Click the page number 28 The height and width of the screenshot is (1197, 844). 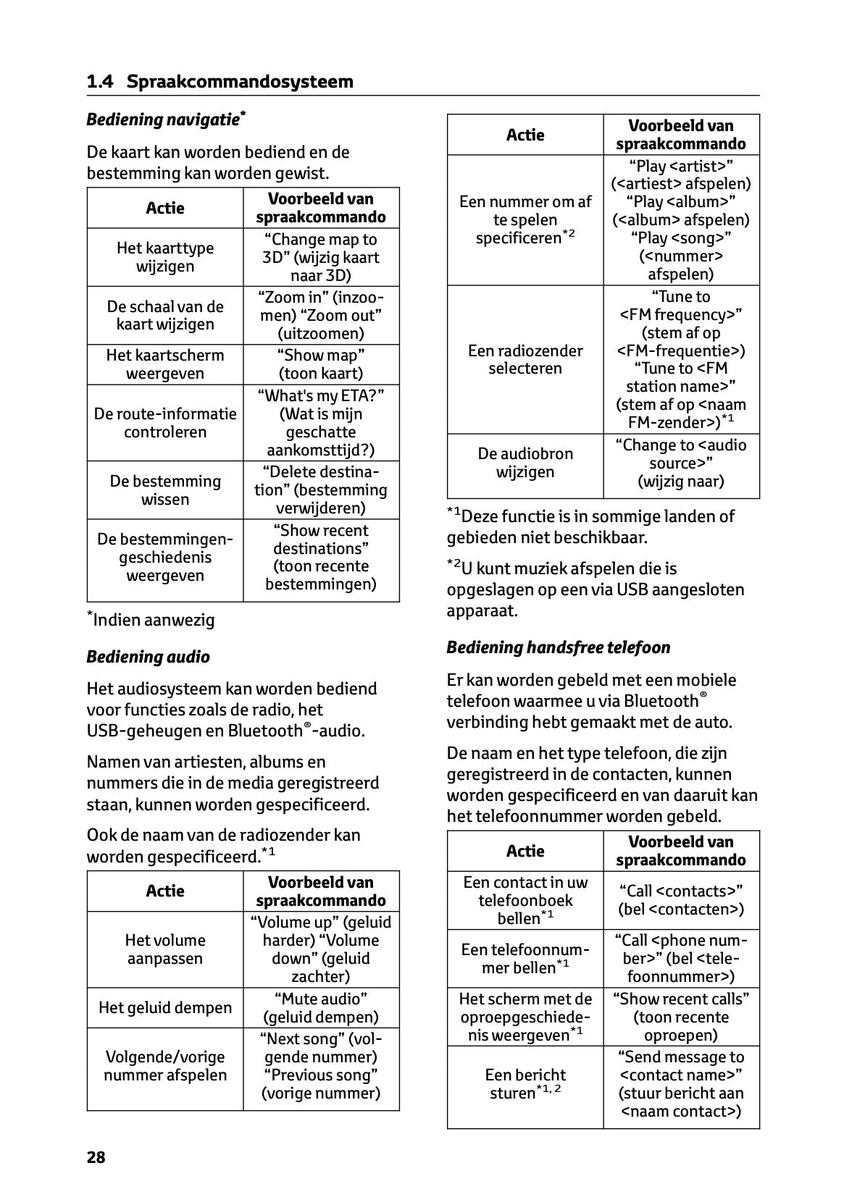[96, 1157]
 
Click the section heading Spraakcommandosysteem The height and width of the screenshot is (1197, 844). [240, 82]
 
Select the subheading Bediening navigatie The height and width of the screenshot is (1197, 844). [165, 119]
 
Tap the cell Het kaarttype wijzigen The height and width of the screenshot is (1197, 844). [165, 257]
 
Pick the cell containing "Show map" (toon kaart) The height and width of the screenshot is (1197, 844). [321, 364]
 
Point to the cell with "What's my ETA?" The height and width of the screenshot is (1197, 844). [321, 423]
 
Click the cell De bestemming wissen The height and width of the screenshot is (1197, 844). [165, 490]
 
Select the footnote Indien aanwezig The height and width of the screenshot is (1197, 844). [151, 620]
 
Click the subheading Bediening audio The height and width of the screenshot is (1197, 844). [148, 657]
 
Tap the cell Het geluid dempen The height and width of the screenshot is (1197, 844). [165, 1008]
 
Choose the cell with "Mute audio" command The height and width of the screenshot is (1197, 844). [321, 1008]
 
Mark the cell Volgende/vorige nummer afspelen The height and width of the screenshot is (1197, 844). [165, 1066]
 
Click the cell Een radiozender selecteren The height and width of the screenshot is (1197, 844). [525, 360]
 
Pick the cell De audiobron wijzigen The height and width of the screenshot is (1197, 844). [525, 463]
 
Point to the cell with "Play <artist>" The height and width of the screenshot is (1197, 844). [681, 220]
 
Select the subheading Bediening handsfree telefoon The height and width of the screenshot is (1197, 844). [559, 647]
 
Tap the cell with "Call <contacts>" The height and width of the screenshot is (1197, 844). [681, 900]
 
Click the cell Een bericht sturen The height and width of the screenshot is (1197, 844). [525, 1084]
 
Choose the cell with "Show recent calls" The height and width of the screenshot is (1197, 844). [681, 1017]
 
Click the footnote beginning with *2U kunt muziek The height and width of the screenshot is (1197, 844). [595, 589]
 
